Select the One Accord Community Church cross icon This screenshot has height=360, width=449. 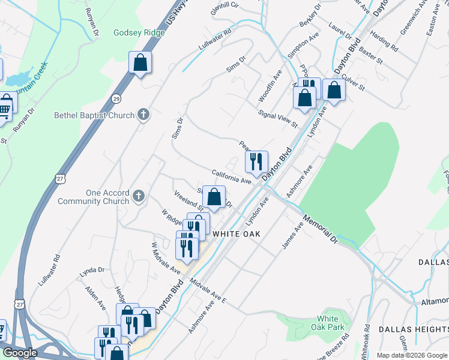click(139, 196)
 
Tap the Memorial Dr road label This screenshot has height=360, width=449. click(321, 229)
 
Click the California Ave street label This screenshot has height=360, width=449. click(231, 176)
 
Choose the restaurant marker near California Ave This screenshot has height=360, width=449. click(256, 161)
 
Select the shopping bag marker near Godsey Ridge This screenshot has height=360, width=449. click(140, 62)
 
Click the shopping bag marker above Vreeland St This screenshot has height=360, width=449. click(214, 196)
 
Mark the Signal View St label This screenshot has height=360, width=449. click(277, 118)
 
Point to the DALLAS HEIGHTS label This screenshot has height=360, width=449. click(413, 329)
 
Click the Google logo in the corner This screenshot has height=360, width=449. click(20, 353)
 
